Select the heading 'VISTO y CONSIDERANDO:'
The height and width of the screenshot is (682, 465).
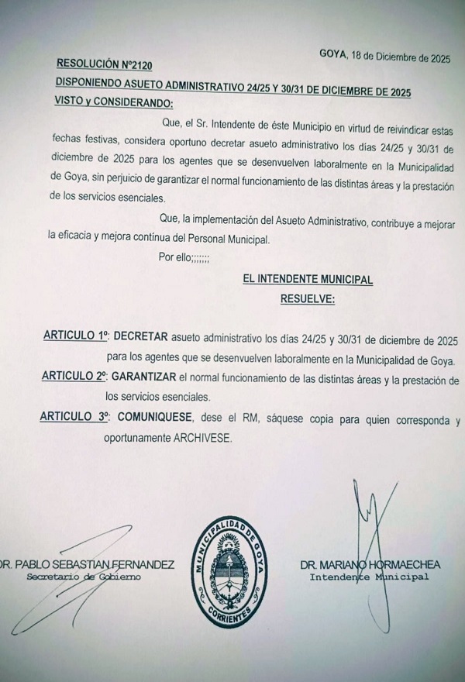click(x=114, y=102)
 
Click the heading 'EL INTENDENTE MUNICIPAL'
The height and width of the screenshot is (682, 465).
click(x=308, y=279)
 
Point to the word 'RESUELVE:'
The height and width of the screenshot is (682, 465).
click(x=307, y=298)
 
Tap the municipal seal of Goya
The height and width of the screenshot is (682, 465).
click(x=231, y=563)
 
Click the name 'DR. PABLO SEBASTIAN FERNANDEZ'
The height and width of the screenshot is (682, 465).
click(x=86, y=564)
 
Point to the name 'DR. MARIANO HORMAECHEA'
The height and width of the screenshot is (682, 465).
click(x=370, y=565)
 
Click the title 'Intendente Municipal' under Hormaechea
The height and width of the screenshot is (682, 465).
click(x=369, y=577)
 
